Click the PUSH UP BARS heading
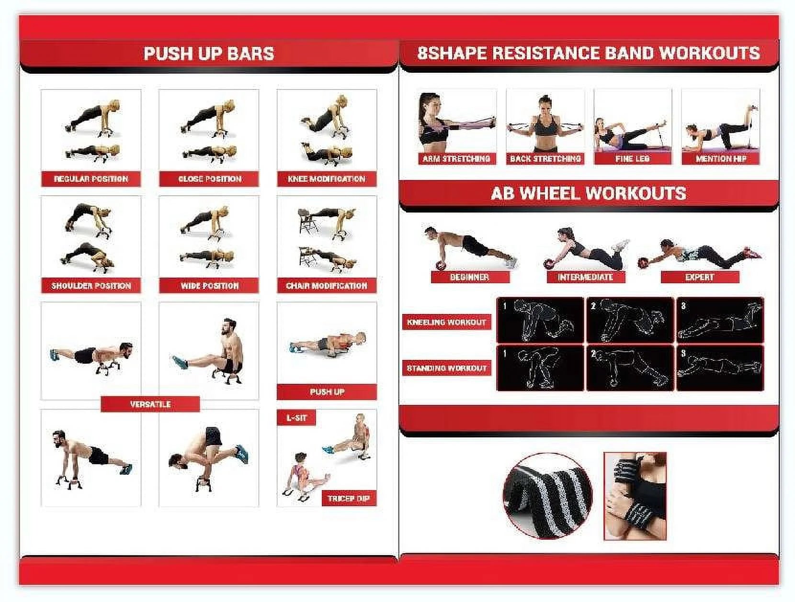pyautogui.click(x=209, y=54)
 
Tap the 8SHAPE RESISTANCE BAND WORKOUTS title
pyautogui.click(x=589, y=53)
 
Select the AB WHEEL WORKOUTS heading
pyautogui.click(x=589, y=193)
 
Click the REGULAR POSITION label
pyautogui.click(x=91, y=179)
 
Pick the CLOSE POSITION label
pyautogui.click(x=209, y=179)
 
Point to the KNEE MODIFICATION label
pyautogui.click(x=327, y=179)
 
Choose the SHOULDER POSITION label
pyautogui.click(x=91, y=286)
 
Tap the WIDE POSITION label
pyautogui.click(x=209, y=286)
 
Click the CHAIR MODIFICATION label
pyautogui.click(x=327, y=286)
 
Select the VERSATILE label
pyautogui.click(x=150, y=404)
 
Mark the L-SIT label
pyautogui.click(x=296, y=418)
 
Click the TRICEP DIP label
pyautogui.click(x=349, y=499)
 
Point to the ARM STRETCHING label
pyautogui.click(x=456, y=158)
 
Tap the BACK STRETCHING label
pyautogui.click(x=545, y=158)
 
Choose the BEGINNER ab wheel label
pyautogui.click(x=469, y=277)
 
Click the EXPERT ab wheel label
pyautogui.click(x=700, y=277)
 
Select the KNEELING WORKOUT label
pyautogui.click(x=446, y=322)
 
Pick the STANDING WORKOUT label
pyautogui.click(x=446, y=368)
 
